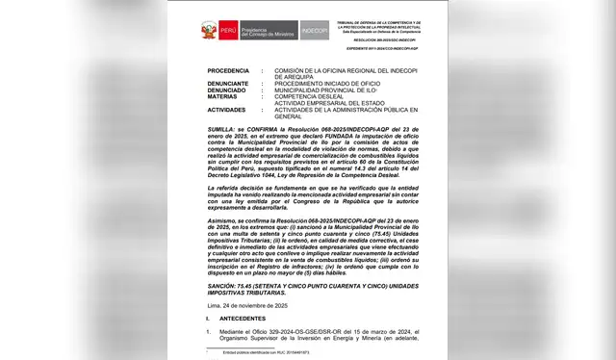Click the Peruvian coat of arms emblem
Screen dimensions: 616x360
point(209,30)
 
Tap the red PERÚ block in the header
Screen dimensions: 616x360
point(227,30)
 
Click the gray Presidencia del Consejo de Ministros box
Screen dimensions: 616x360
point(267,30)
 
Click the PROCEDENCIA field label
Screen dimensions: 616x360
point(228,70)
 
